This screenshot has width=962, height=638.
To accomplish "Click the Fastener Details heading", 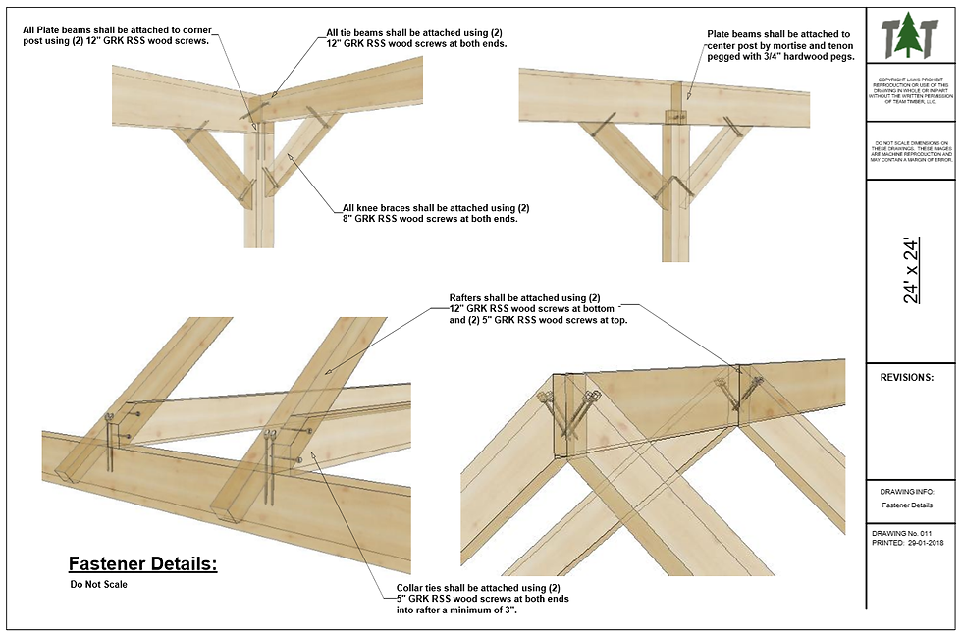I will point(142,564).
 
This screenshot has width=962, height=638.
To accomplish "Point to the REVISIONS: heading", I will point(906,377).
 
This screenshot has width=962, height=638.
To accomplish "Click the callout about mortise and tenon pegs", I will point(780,46).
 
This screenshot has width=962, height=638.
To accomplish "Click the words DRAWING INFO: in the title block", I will point(906,491).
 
